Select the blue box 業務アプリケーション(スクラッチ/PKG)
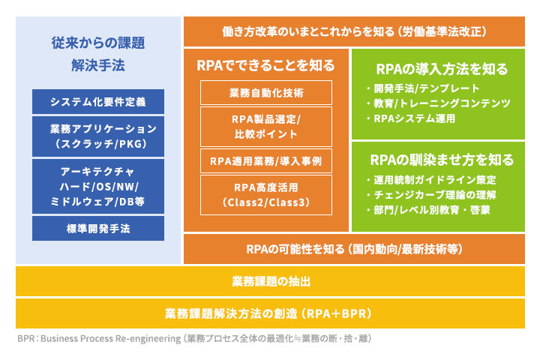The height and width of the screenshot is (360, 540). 98,136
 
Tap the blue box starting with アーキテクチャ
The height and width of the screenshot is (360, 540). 98,185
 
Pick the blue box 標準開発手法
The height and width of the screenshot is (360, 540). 98,229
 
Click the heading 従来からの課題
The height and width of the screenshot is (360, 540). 98,43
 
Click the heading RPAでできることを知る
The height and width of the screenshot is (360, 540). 265,65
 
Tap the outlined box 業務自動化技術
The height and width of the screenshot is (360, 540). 265,93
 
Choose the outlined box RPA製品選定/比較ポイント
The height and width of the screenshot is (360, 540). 265,126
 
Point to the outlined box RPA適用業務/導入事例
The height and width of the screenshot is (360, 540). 265,160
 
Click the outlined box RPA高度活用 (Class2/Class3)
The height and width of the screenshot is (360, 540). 265,193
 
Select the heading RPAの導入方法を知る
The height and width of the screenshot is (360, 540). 442,69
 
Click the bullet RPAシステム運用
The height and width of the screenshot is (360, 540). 417,118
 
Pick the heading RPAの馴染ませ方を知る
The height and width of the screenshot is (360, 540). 442,160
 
